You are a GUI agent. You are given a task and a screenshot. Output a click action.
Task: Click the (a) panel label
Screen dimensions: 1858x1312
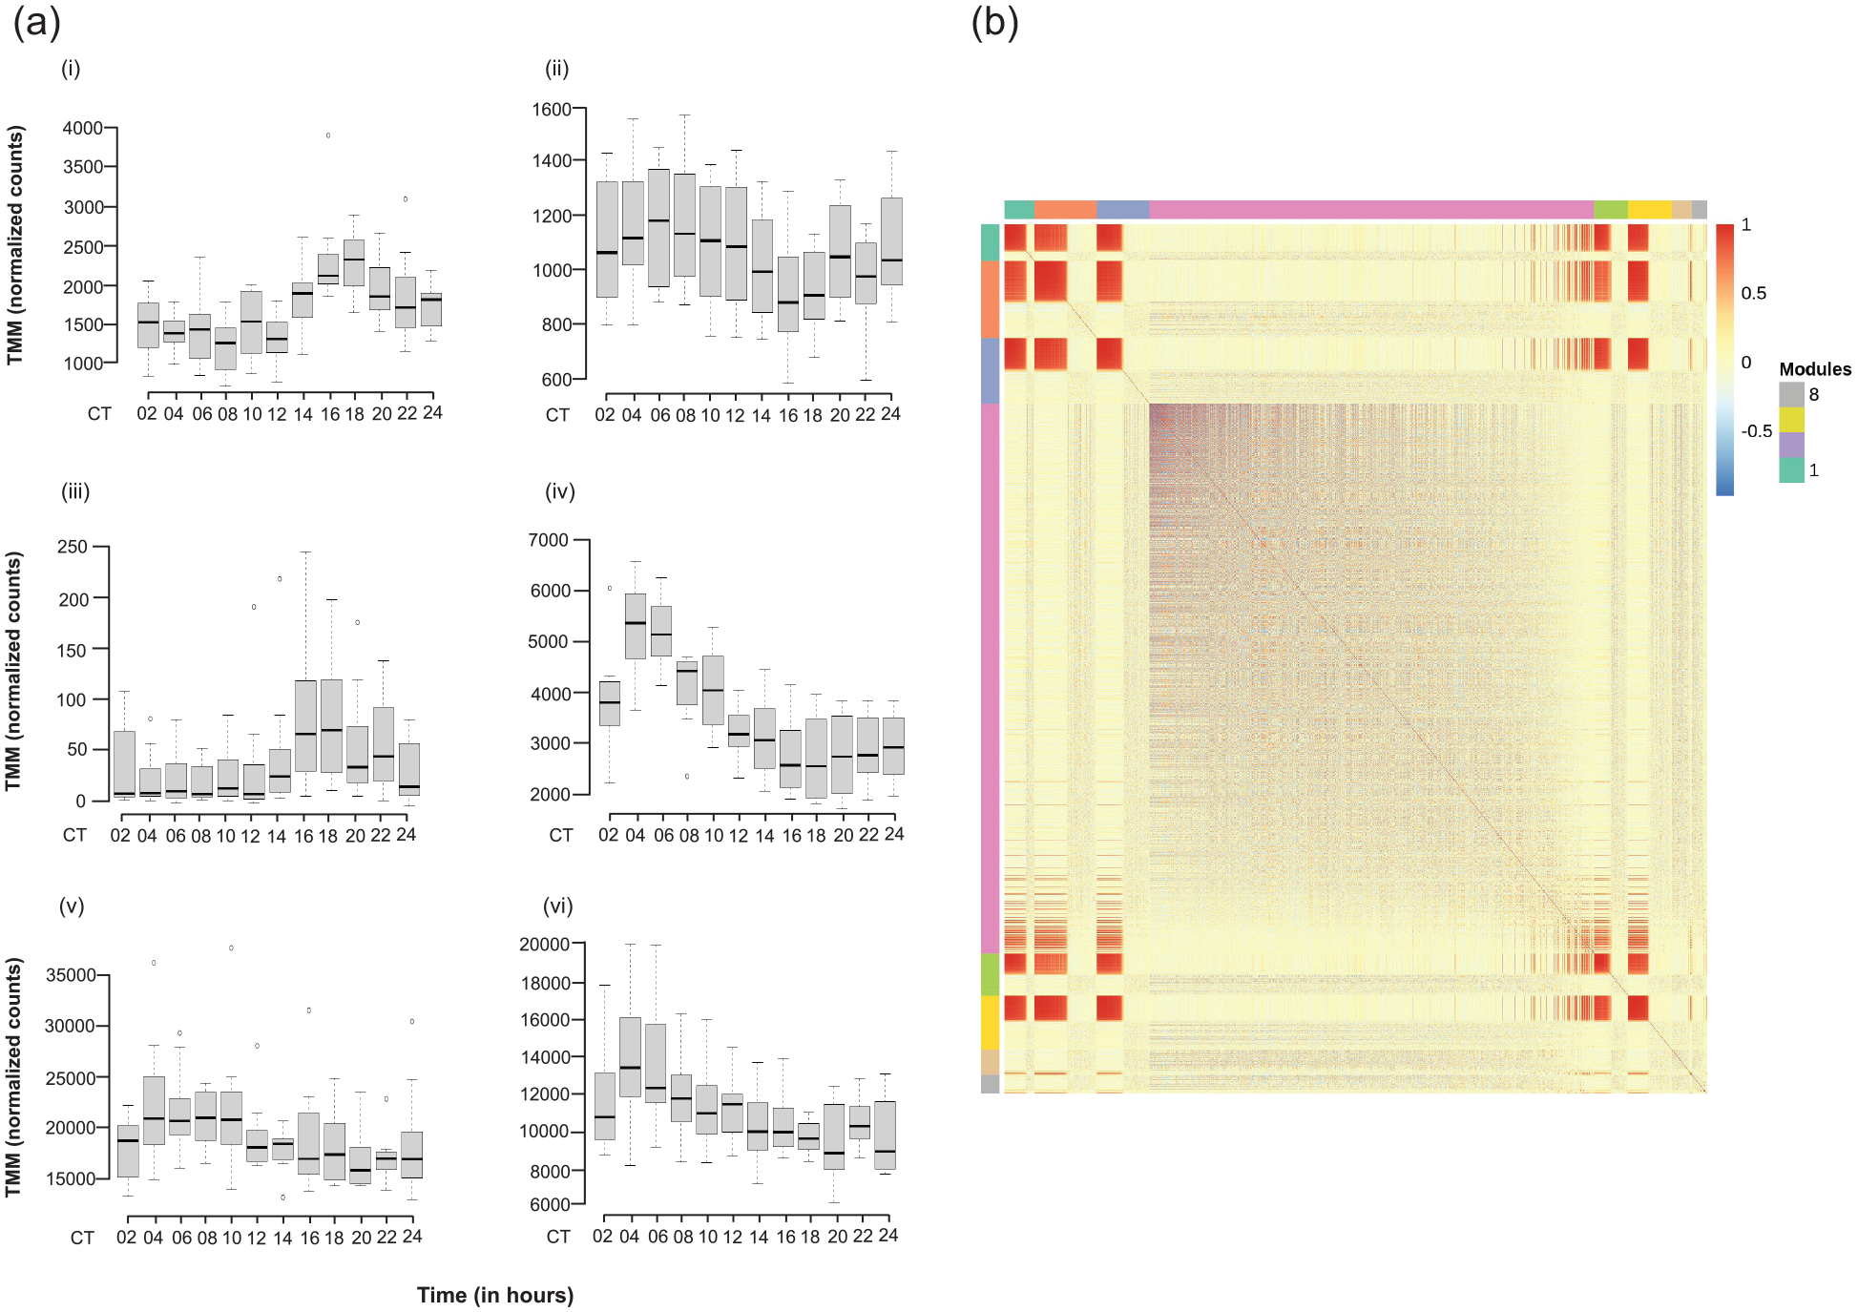tap(36, 22)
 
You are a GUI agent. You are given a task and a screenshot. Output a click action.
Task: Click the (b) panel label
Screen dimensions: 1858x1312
tap(994, 22)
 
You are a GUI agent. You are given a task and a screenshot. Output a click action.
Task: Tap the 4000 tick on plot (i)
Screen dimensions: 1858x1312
tap(83, 128)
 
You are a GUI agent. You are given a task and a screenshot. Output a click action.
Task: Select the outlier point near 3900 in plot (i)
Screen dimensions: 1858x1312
tap(328, 135)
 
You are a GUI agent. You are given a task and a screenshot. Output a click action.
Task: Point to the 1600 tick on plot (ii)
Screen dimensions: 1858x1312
tap(552, 110)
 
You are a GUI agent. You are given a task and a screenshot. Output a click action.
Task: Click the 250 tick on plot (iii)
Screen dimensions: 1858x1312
tap(73, 547)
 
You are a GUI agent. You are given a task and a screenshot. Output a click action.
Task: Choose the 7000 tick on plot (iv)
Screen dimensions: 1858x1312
tap(548, 540)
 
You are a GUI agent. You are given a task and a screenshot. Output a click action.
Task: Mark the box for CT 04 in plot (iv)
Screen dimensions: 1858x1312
tap(636, 626)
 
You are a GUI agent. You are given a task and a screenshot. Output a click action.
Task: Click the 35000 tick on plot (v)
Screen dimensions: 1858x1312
tap(70, 975)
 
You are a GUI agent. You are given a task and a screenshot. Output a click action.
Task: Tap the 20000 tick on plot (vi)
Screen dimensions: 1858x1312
tap(544, 944)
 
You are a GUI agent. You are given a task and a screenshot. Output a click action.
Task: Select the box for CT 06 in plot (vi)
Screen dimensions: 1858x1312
tap(656, 1063)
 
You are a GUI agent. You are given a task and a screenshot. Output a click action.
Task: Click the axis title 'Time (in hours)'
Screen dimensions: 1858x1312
tap(495, 1295)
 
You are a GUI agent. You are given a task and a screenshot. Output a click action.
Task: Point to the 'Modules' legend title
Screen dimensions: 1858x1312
tap(1815, 369)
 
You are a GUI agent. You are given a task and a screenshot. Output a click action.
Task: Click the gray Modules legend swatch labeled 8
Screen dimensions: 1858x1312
tap(1791, 394)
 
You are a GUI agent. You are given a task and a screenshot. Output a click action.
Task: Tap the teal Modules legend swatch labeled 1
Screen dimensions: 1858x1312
tap(1791, 469)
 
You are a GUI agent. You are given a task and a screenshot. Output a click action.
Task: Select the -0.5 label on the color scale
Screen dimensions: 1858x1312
tap(1756, 431)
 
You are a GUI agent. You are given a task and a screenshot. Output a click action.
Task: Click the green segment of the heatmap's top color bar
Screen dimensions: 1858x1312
tap(1611, 210)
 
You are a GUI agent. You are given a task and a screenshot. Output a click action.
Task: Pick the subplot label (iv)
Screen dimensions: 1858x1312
tap(559, 491)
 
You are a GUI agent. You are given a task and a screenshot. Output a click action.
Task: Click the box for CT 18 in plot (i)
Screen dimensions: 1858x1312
tap(354, 262)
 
